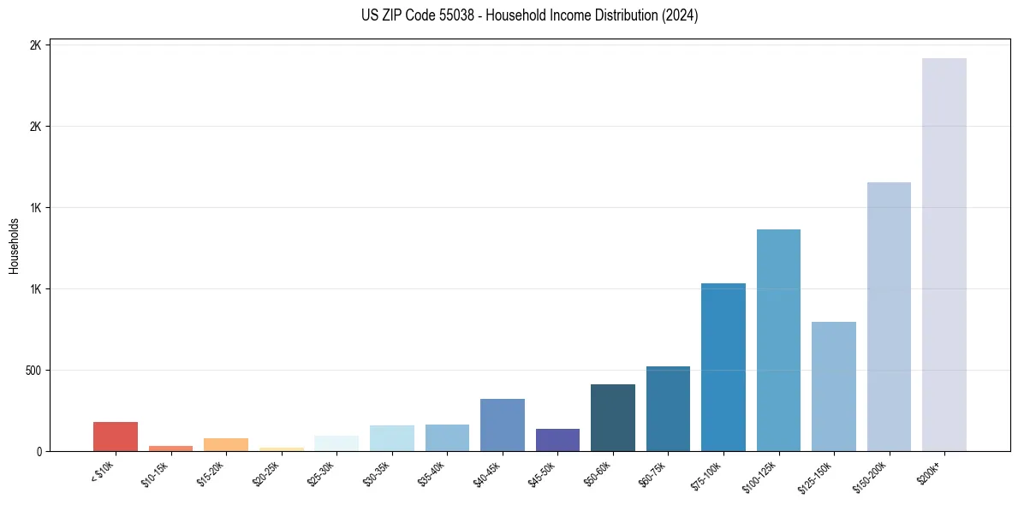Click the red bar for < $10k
coord(116,437)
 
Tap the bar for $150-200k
coord(889,317)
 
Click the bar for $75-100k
coord(723,367)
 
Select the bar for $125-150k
coord(834,386)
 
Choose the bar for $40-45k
coord(503,425)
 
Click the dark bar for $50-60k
coord(613,418)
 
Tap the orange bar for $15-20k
coord(226,444)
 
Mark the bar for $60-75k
coord(668,408)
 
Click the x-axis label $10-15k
coord(155,472)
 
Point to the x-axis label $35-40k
coord(432,472)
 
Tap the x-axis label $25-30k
coord(321,472)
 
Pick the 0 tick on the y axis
coord(39,452)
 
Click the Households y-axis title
coord(14,246)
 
